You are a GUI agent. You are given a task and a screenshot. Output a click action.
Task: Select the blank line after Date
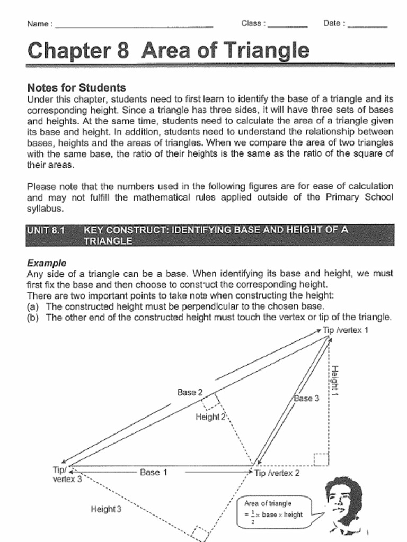coord(367,25)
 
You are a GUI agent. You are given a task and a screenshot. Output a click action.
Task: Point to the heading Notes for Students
coord(76,88)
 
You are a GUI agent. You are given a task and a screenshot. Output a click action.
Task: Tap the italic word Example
coord(47,263)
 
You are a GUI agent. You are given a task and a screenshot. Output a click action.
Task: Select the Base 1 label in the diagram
coord(153,472)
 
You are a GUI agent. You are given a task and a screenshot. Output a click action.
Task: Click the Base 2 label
coord(190,393)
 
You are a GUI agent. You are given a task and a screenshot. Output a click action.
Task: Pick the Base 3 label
coord(307,398)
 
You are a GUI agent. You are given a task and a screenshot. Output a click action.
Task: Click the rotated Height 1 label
coord(335,380)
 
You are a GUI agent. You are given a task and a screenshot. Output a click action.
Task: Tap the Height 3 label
coord(106,509)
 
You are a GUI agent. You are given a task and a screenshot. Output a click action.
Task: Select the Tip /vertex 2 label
coord(277,473)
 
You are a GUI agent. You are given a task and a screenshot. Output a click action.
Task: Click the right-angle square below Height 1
coord(321,459)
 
